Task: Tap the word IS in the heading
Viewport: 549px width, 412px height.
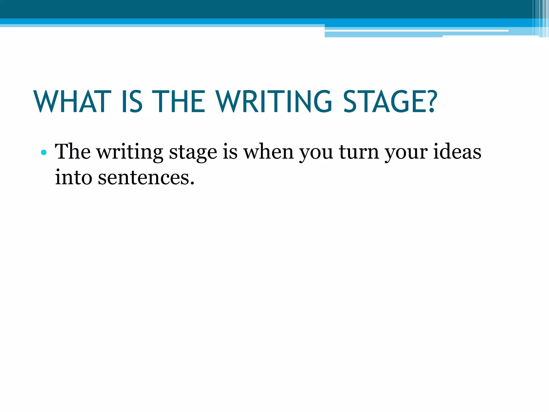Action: [132, 102]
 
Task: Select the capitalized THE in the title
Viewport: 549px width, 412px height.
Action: [180, 102]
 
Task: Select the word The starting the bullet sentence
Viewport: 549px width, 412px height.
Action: [73, 152]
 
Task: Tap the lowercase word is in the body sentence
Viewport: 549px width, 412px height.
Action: [230, 152]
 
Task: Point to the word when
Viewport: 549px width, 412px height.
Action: [268, 152]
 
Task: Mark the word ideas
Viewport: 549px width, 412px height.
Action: [457, 152]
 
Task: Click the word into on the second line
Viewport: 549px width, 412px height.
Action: [74, 177]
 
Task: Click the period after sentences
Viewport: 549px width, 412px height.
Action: [192, 184]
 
